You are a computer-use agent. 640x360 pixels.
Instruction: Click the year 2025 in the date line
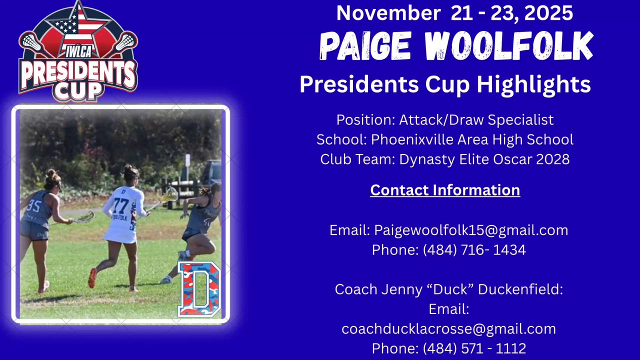coord(548,13)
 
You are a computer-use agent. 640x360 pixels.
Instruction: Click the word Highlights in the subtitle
coord(533,84)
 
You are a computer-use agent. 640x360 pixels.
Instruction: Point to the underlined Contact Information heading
coord(445,190)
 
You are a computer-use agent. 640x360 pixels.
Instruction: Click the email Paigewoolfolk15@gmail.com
coord(471,230)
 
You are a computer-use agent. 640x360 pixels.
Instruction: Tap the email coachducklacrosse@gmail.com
coord(449,329)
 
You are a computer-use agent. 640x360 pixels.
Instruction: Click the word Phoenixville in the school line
coord(412,139)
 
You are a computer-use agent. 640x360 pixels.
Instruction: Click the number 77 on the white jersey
coord(121,205)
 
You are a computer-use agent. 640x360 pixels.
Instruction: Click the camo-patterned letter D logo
coord(199,289)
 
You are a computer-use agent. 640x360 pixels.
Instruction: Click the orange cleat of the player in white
coord(92,277)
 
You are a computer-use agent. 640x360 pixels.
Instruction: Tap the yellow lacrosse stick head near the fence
coord(170,195)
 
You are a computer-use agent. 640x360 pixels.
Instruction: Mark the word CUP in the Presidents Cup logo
coord(78,91)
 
